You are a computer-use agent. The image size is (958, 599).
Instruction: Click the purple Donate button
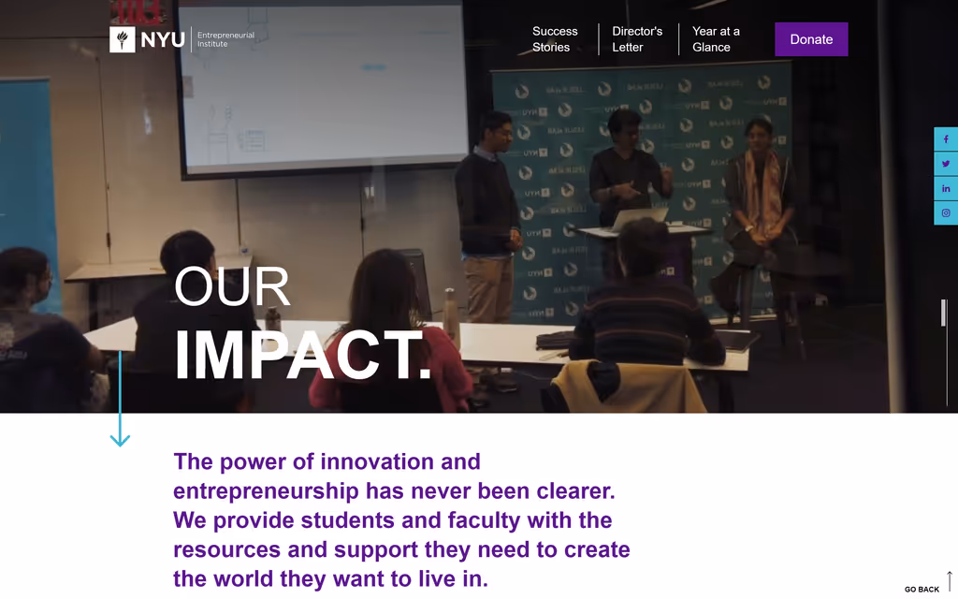coord(811,39)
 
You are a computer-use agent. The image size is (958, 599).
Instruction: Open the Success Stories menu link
coord(555,39)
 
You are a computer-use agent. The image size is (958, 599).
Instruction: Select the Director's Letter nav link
coord(637,39)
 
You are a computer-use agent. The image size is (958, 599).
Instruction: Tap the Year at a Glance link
coord(716,39)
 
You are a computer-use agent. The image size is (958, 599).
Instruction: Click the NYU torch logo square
coord(123,39)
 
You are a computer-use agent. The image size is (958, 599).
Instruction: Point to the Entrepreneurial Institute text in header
coord(225,39)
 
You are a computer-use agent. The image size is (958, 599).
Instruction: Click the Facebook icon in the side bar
coord(946,139)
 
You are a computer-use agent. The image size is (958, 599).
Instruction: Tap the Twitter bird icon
coord(946,164)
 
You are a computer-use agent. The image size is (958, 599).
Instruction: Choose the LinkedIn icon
coord(946,188)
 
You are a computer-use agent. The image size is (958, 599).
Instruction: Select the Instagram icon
coord(946,212)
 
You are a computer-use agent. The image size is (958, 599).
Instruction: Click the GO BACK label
coord(922,590)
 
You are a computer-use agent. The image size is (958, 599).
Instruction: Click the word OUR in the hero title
coord(232,286)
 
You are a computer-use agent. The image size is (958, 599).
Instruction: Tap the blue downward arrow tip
coord(120,446)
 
